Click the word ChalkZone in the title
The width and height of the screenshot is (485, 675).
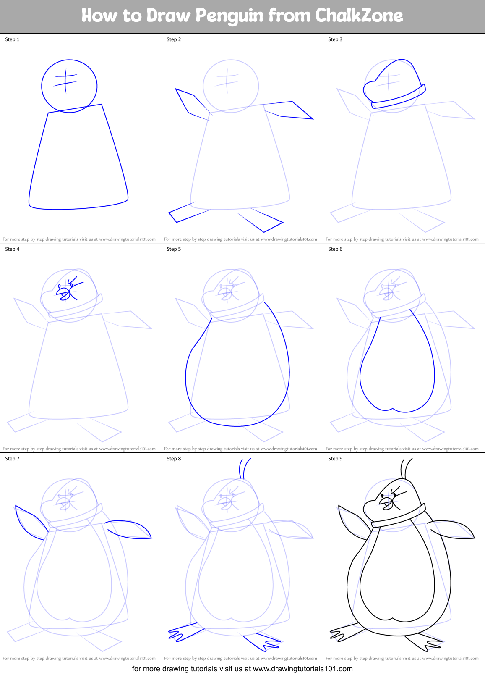click(359, 16)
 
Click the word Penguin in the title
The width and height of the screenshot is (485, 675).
click(229, 16)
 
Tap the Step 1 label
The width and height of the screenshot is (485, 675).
click(12, 39)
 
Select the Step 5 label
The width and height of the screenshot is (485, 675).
click(174, 249)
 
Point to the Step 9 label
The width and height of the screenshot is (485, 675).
click(335, 459)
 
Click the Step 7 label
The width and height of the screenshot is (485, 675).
click(12, 459)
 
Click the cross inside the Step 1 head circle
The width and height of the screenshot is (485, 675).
click(65, 81)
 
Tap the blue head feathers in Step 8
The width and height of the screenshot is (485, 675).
click(245, 468)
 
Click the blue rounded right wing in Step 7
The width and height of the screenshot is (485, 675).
click(130, 530)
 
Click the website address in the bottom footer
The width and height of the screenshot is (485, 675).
click(302, 668)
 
